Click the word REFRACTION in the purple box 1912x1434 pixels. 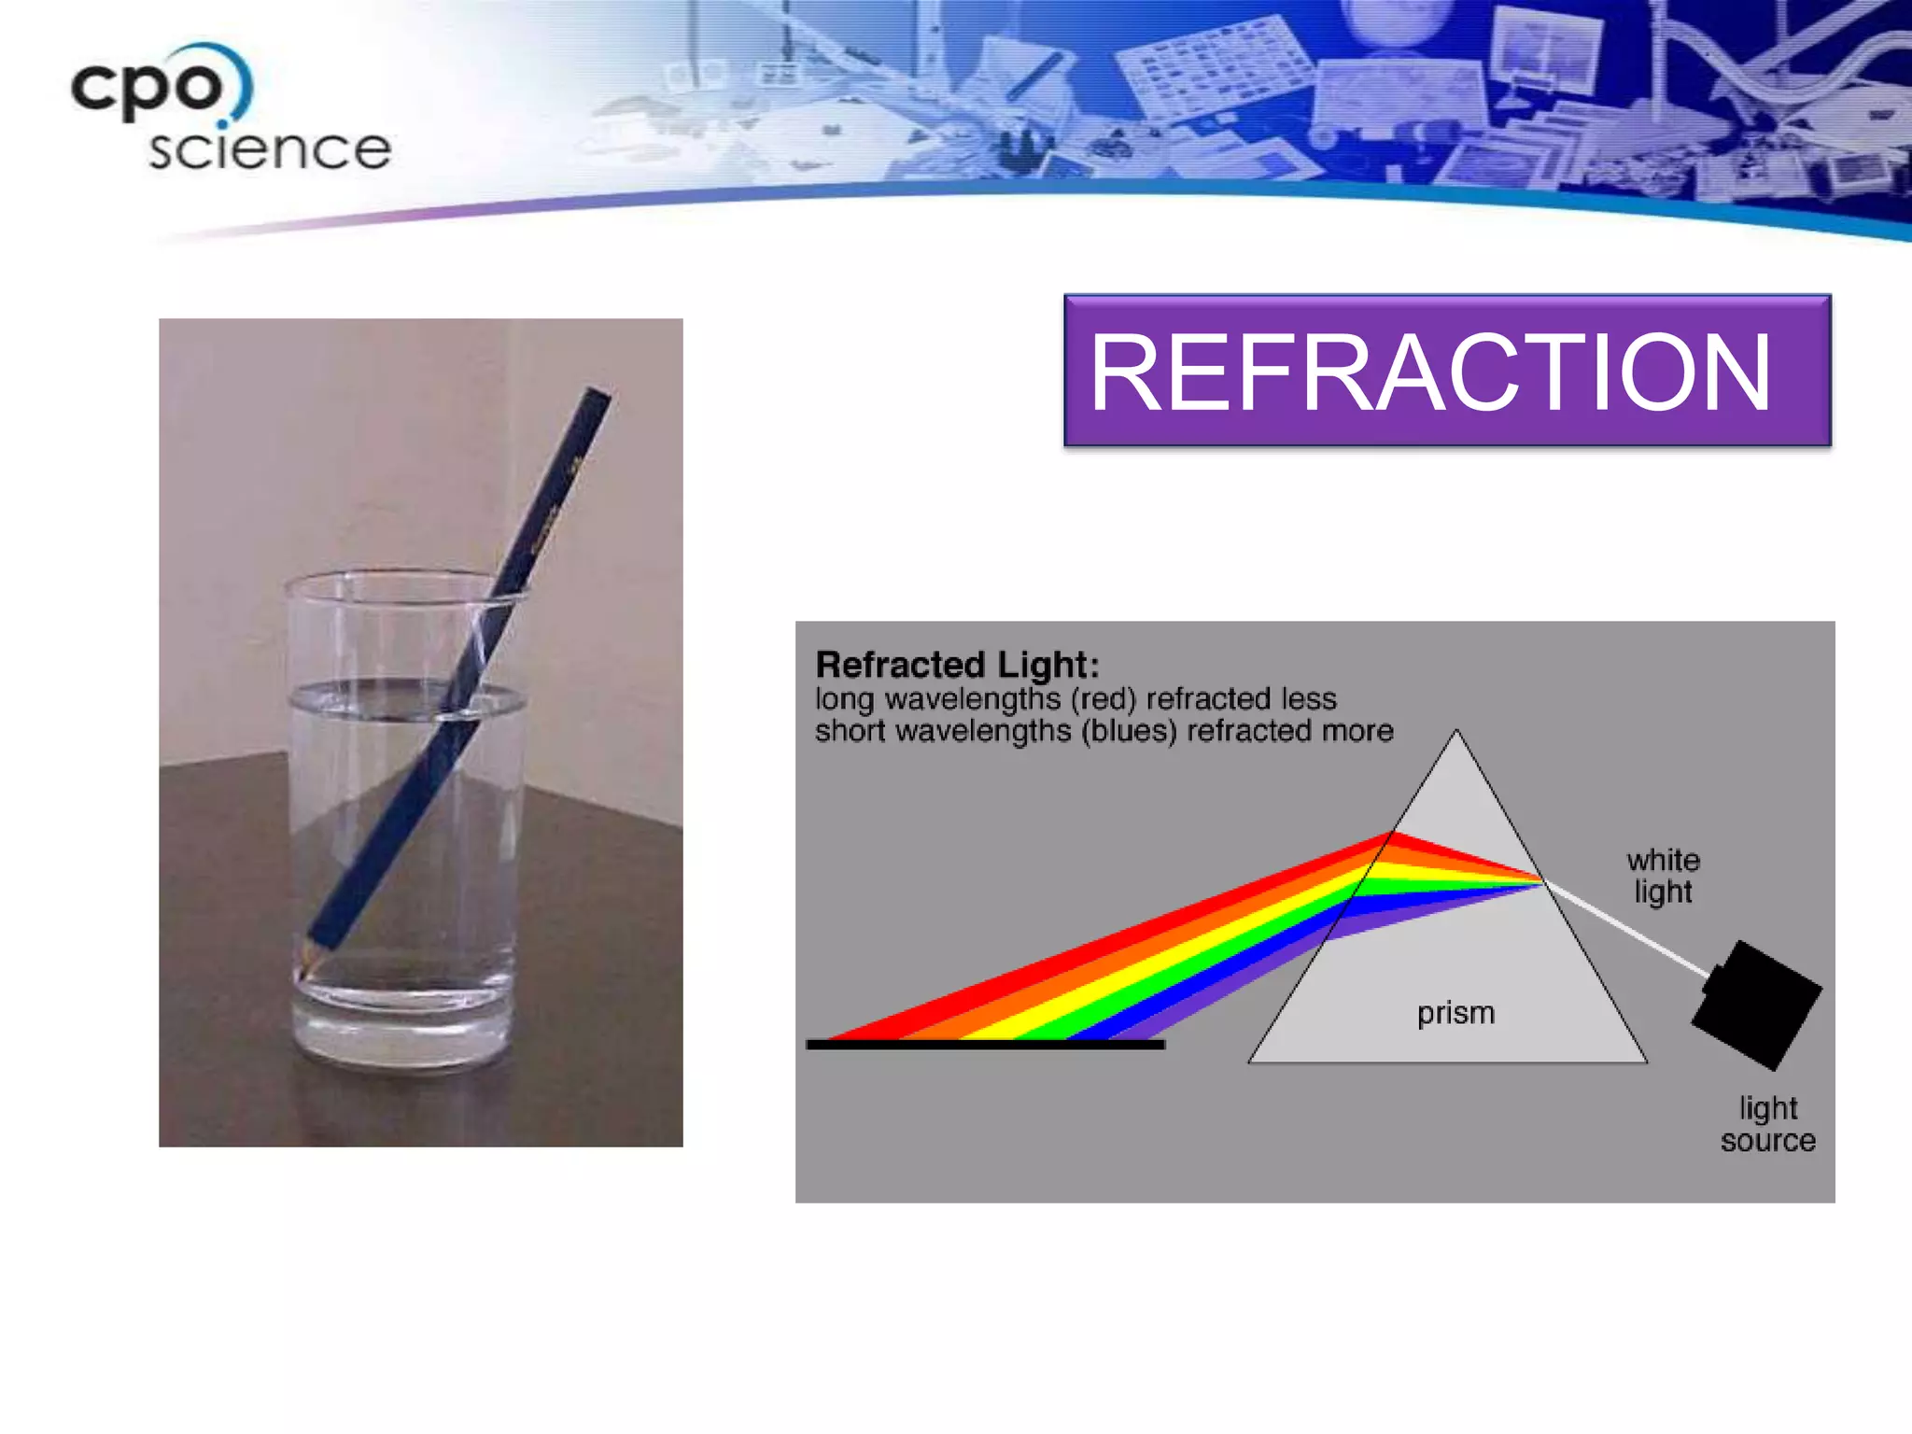pyautogui.click(x=1430, y=373)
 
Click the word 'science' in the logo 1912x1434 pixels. pyautogui.click(x=269, y=149)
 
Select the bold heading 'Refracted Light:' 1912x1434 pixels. pyautogui.click(x=958, y=665)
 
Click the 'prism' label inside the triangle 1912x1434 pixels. pyautogui.click(x=1455, y=1012)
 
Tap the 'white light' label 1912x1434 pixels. pyautogui.click(x=1663, y=875)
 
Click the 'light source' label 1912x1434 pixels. pyautogui.click(x=1767, y=1124)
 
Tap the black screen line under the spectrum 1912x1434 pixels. pyautogui.click(x=985, y=1045)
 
